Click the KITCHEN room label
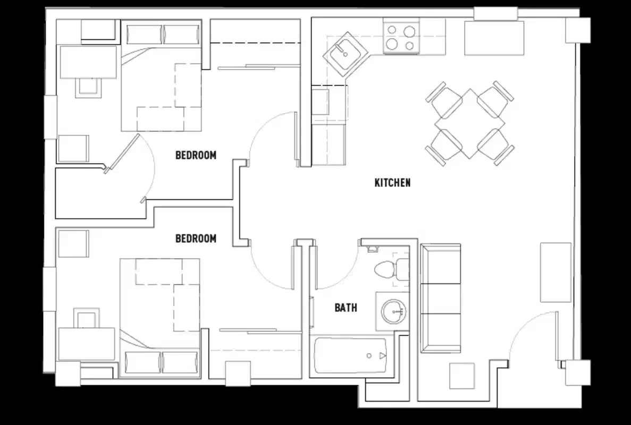point(392,183)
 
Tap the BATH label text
point(346,308)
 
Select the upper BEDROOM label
point(196,156)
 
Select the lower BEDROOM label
point(196,239)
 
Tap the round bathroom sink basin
point(393,311)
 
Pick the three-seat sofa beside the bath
point(440,299)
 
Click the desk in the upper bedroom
point(88,62)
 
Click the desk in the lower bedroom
point(86,343)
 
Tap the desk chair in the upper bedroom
point(88,87)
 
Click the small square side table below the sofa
point(461,376)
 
